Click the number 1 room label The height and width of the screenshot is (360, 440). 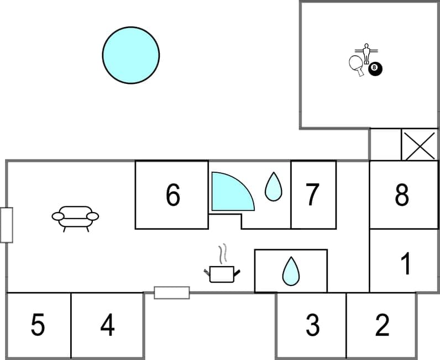(406, 264)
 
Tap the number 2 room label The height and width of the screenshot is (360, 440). (382, 325)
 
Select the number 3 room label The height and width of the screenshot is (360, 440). (312, 325)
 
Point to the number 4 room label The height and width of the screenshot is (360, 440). (107, 325)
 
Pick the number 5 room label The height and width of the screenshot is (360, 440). (38, 325)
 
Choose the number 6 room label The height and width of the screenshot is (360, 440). (173, 195)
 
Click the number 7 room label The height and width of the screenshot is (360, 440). (312, 194)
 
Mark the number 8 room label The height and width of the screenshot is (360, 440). (402, 194)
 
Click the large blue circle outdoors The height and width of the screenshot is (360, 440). (131, 55)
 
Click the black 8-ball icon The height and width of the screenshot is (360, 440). (376, 68)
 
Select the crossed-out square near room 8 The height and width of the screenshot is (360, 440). (419, 145)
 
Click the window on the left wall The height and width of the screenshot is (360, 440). (7, 225)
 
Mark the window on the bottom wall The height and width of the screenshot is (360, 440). (171, 293)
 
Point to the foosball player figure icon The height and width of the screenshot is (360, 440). (366, 53)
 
